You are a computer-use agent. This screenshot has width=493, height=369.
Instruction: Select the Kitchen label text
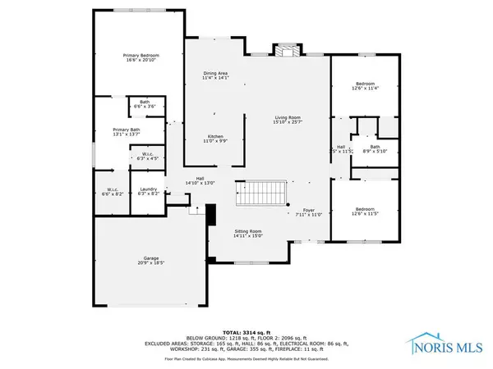pos(215,139)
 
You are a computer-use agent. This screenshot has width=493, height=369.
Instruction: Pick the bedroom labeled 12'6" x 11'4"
pos(366,86)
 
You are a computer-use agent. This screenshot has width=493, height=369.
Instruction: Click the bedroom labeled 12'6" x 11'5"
pos(366,211)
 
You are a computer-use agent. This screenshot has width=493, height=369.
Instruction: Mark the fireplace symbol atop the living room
pos(287,50)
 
